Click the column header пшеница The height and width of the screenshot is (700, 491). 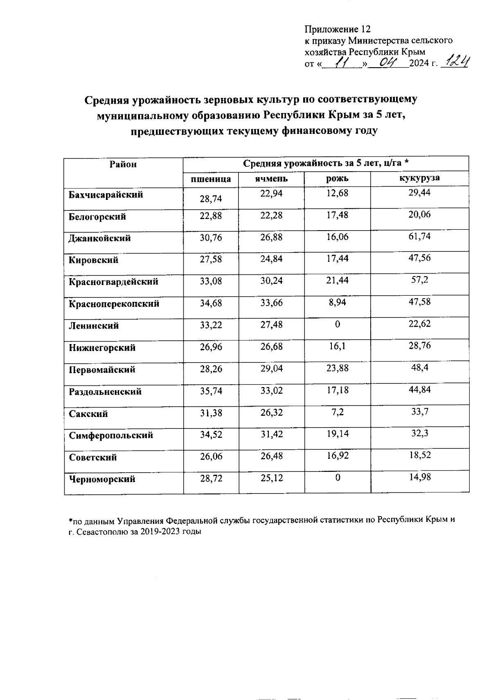(x=211, y=179)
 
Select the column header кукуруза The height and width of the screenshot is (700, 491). (x=419, y=178)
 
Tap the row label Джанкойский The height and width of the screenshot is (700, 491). (x=99, y=238)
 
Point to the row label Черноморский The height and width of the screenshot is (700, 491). (x=102, y=479)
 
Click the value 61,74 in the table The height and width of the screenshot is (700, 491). (x=419, y=236)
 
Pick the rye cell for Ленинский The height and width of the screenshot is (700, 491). (x=337, y=324)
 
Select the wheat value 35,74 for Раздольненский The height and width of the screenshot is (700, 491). (x=211, y=390)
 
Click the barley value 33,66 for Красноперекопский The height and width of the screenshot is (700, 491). (x=272, y=303)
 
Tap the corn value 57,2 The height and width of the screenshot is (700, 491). (x=419, y=280)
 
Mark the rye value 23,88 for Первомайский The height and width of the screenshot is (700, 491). (x=337, y=368)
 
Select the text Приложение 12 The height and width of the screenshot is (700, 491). (x=337, y=29)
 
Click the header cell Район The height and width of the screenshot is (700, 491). (x=123, y=164)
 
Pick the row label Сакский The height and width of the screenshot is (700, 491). (x=88, y=414)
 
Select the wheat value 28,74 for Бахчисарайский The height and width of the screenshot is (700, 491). (x=211, y=199)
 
